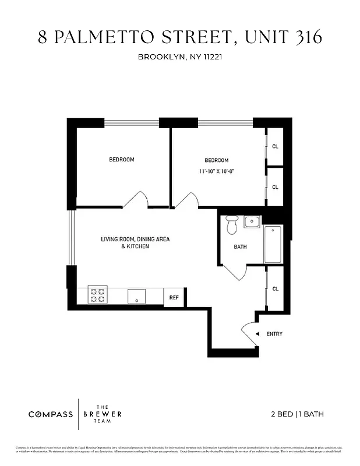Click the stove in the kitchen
pyautogui.click(x=97, y=295)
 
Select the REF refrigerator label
pyautogui.click(x=174, y=297)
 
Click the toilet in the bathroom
pyautogui.click(x=232, y=223)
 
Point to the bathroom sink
pyautogui.click(x=252, y=221)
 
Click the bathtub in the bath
pyautogui.click(x=273, y=245)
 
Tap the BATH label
pyautogui.click(x=240, y=246)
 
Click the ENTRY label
pyautogui.click(x=274, y=334)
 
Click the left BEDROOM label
pyautogui.click(x=122, y=160)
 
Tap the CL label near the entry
pyautogui.click(x=275, y=289)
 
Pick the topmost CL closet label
pyautogui.click(x=275, y=146)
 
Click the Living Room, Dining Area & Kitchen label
pyautogui.click(x=136, y=242)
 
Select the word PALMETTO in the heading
pyautogui.click(x=103, y=37)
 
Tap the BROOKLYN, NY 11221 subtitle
pyautogui.click(x=180, y=57)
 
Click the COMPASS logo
pyautogui.click(x=51, y=414)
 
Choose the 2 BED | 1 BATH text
pyautogui.click(x=297, y=414)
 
